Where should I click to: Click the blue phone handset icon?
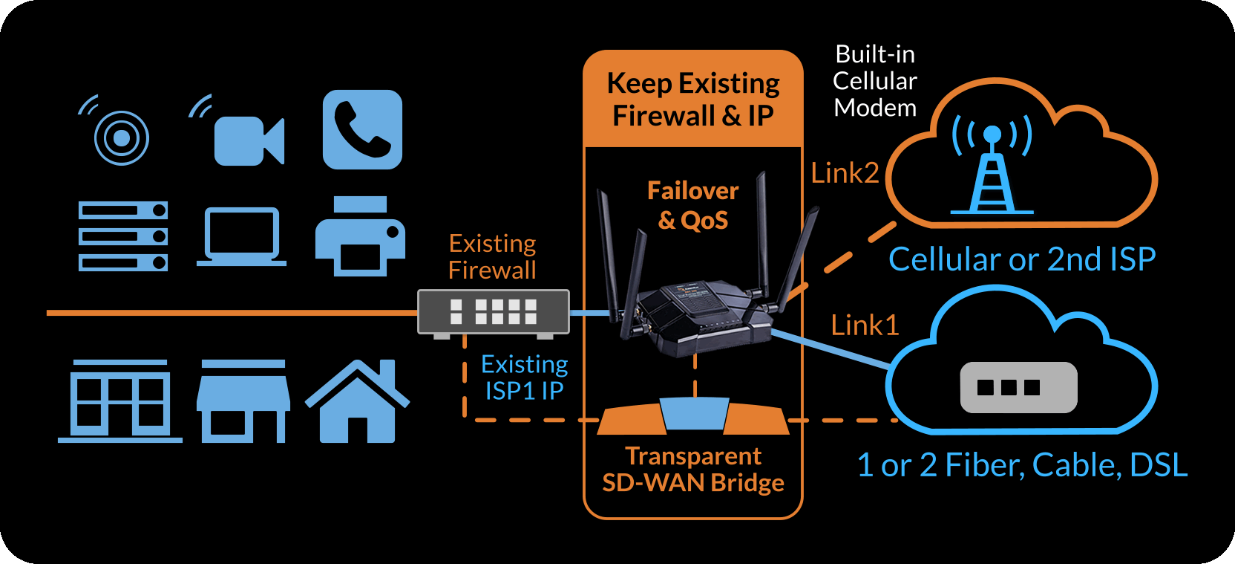click(362, 130)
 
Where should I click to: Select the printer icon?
click(360, 236)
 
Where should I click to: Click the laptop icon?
click(241, 236)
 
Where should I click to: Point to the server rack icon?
click(123, 236)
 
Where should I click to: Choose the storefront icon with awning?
click(243, 402)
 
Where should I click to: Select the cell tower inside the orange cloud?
click(992, 171)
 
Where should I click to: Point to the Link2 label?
click(845, 173)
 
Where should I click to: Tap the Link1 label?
click(865, 325)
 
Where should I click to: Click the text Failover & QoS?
click(693, 206)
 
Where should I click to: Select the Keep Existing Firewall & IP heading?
click(693, 100)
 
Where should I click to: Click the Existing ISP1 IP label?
click(524, 377)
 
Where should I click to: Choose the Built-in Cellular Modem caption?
click(875, 81)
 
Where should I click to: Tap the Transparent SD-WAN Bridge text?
click(693, 470)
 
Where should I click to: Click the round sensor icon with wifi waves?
click(121, 137)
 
